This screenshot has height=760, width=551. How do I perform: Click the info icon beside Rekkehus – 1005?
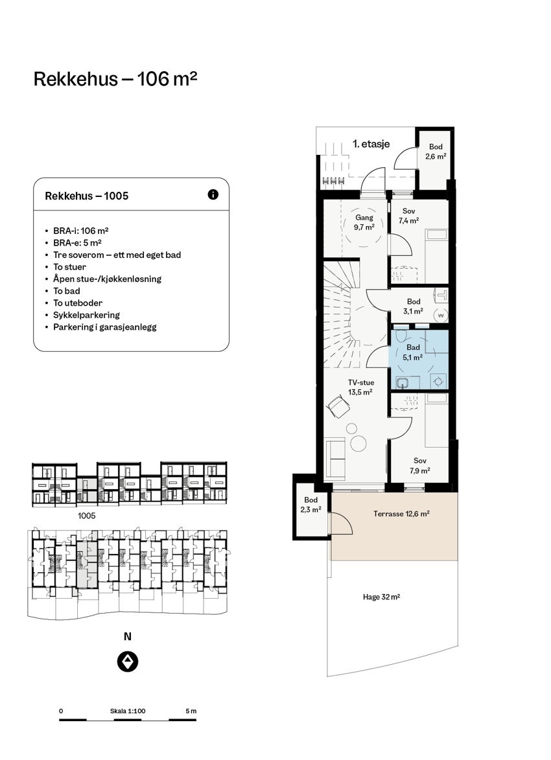point(213,194)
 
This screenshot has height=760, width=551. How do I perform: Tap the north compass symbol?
point(128,662)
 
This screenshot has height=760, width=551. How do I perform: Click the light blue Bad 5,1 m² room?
point(419,360)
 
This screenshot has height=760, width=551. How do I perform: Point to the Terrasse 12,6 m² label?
point(401,514)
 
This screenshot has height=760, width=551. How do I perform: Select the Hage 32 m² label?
point(381,597)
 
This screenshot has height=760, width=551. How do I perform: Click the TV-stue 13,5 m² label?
point(360,387)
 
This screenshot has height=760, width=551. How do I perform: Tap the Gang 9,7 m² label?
point(364,222)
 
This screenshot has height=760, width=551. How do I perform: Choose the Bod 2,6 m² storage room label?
point(436,151)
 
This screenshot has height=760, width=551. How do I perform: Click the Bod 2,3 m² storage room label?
point(311,505)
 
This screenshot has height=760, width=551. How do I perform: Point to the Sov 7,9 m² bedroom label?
point(419,466)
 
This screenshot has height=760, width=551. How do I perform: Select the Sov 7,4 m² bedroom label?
point(408,216)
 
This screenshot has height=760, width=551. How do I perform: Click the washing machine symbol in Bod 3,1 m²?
point(440,316)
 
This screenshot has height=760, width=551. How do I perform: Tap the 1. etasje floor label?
point(371,144)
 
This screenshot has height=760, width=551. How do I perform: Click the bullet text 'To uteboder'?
point(78,303)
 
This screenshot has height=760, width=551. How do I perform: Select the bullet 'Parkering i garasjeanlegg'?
point(105,327)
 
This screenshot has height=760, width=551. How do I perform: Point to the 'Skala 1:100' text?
point(128,711)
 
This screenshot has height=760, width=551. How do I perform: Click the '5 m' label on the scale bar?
point(191,711)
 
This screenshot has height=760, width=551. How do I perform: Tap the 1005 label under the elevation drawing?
point(87,516)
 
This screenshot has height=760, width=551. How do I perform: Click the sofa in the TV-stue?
point(334,458)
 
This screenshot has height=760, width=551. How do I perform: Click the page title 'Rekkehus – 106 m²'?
point(115,79)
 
